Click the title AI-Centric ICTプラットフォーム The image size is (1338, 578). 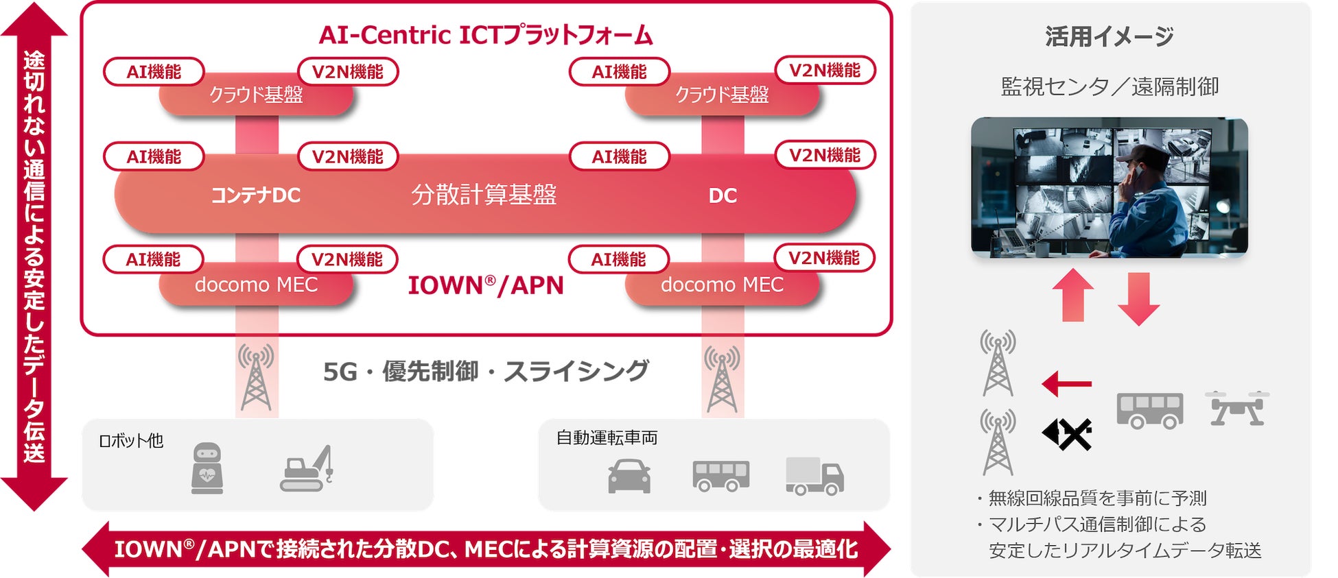[486, 36]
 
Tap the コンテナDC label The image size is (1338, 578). [255, 196]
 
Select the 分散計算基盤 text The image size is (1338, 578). [484, 195]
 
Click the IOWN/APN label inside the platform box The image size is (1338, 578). [486, 285]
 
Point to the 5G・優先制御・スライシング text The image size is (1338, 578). [486, 371]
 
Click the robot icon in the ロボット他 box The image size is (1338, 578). [207, 468]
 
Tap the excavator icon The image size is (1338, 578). [307, 469]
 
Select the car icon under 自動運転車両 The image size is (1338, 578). [629, 476]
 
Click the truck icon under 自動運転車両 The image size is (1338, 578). [814, 476]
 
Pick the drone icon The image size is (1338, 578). [1237, 409]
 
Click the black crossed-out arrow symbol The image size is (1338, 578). [1067, 434]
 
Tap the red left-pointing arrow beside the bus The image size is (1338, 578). [1066, 384]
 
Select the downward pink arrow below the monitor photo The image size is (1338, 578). [1138, 298]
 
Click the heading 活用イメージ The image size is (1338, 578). [1110, 36]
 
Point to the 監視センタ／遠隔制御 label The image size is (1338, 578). [1110, 87]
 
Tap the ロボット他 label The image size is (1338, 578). [131, 440]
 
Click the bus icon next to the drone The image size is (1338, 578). [1150, 410]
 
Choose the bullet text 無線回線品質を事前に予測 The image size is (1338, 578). [1096, 498]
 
